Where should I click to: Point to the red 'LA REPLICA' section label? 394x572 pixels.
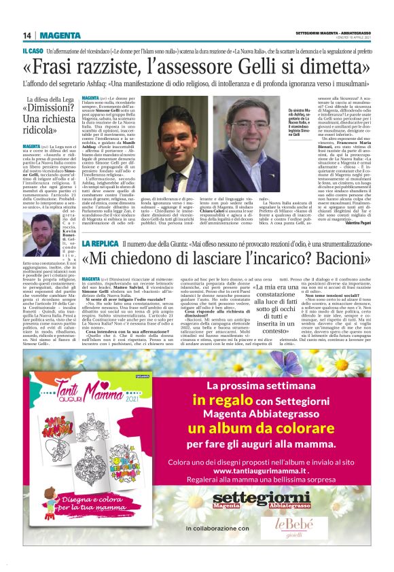[101, 243]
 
